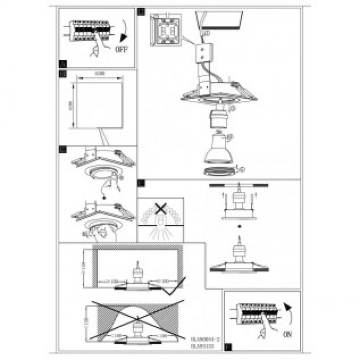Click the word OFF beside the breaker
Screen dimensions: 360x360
(121, 51)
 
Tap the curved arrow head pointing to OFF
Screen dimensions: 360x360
(121, 38)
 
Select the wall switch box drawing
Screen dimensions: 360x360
(165, 32)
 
